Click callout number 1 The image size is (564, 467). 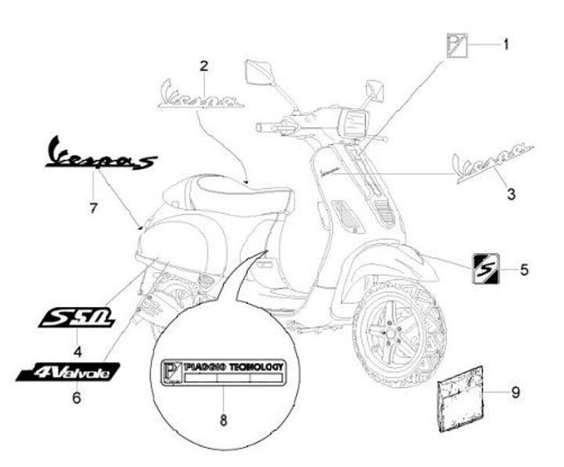[x=505, y=45]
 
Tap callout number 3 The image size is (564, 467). [x=511, y=193]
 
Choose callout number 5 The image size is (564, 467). [x=523, y=270]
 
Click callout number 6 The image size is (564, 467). [x=77, y=397]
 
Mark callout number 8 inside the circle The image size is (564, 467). [x=223, y=420]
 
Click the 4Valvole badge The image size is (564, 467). [x=69, y=371]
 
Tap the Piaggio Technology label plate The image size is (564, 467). [x=222, y=373]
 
